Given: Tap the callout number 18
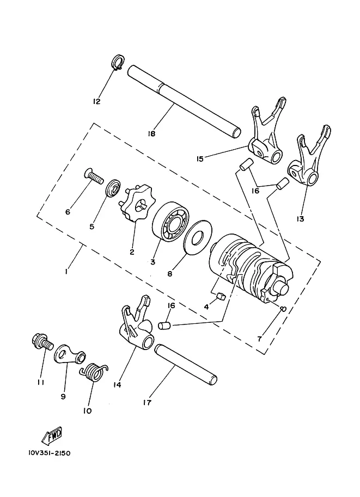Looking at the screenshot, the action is click(151, 133).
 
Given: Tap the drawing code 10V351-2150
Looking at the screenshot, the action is click(49, 452).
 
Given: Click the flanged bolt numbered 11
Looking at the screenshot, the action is click(42, 342).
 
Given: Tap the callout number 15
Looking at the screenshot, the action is click(200, 158).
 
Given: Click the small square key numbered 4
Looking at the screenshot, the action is click(220, 296).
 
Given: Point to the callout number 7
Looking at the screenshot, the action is click(259, 339).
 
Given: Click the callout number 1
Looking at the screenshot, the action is click(66, 272).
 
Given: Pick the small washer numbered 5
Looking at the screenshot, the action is click(113, 188).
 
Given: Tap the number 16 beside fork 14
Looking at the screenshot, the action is click(171, 305).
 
